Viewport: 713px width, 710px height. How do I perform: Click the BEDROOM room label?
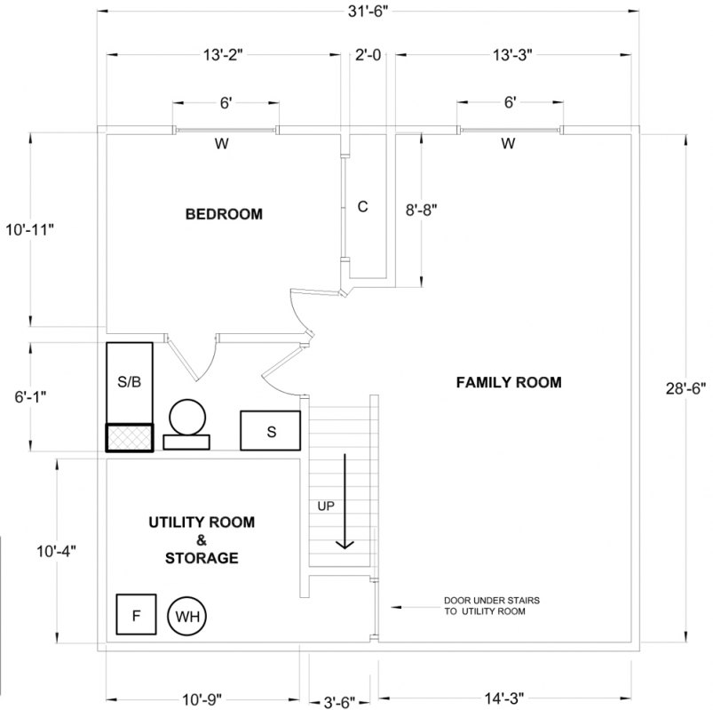pos(224,214)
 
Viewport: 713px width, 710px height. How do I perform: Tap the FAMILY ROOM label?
pos(509,382)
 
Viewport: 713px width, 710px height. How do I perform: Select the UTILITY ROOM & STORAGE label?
pos(201,539)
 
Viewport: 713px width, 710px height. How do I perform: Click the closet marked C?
pos(362,207)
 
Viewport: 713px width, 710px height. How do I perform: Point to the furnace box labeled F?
pos(136,614)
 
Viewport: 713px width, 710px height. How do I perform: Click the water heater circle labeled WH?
pos(187,615)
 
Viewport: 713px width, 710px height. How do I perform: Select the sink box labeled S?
pos(271,432)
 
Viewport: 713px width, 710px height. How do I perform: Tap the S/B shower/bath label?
pos(129,381)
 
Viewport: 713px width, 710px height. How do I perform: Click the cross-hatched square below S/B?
pos(130,438)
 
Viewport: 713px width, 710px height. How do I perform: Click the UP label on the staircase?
pos(326,506)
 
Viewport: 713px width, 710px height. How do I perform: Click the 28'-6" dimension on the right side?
pos(685,387)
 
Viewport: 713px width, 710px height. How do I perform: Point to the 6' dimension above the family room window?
pos(510,103)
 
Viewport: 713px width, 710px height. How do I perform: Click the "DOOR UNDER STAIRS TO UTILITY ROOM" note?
pos(491,607)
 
